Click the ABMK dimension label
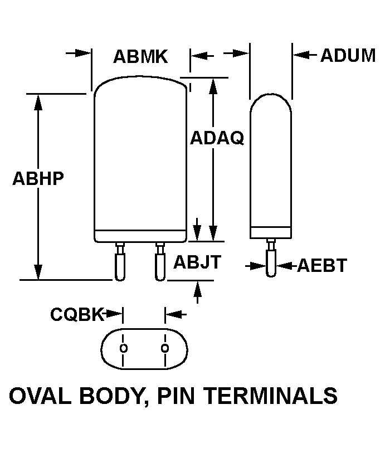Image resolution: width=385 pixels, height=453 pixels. click(x=140, y=56)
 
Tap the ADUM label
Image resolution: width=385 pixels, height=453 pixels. click(x=348, y=55)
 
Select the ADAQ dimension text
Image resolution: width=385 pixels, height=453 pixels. click(x=217, y=138)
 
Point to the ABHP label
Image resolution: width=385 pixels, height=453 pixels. click(x=38, y=178)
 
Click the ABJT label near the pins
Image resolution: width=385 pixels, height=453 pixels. click(x=197, y=262)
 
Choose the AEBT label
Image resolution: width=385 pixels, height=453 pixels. click(x=321, y=265)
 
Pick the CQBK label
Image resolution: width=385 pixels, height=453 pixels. click(x=77, y=314)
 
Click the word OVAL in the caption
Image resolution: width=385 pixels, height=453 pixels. click(x=40, y=396)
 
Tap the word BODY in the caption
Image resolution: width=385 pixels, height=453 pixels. click(x=111, y=396)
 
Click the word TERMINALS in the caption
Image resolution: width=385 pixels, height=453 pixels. click(x=270, y=396)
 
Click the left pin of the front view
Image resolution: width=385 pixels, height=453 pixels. click(x=120, y=262)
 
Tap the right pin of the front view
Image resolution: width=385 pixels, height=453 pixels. click(x=160, y=262)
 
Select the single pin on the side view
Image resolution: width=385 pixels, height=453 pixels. click(x=271, y=257)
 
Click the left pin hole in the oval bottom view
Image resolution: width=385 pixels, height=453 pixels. click(x=124, y=348)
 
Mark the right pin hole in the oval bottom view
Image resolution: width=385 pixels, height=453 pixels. click(x=165, y=348)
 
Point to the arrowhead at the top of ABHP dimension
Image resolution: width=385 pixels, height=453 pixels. click(x=38, y=103)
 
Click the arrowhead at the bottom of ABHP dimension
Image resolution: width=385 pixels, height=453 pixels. click(x=38, y=272)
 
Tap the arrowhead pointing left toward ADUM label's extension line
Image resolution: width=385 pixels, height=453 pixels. click(x=300, y=54)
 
